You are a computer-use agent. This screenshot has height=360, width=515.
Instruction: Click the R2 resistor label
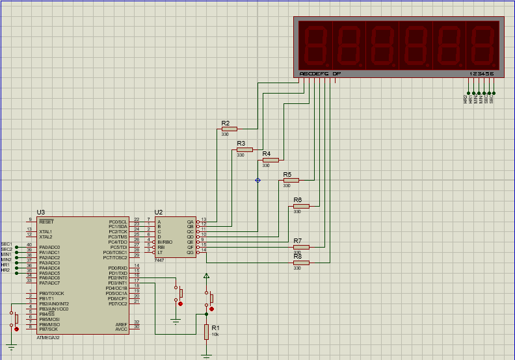225,123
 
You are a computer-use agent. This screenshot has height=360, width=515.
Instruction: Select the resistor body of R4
271,160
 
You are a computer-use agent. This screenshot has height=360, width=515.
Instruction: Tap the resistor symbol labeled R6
301,206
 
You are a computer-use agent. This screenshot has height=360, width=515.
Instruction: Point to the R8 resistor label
298,256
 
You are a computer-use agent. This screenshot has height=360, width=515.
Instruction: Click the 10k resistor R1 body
206,332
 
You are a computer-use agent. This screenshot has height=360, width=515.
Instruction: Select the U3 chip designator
41,212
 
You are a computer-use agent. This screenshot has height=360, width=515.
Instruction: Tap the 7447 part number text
159,260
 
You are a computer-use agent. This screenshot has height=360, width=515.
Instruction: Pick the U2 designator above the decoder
159,212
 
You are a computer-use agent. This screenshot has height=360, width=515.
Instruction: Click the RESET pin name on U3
46,222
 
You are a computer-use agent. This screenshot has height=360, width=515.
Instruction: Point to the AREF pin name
122,322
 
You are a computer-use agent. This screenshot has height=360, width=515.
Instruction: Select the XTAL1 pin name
46,231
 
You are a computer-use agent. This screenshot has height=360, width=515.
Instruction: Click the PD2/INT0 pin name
118,278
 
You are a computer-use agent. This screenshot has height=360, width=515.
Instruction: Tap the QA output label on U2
191,222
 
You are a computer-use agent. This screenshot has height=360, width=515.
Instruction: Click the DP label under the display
336,74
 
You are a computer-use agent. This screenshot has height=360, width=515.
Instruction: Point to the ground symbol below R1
206,355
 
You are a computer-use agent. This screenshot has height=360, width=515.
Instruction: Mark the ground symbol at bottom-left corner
11,347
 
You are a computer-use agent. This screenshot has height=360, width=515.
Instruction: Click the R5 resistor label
287,175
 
